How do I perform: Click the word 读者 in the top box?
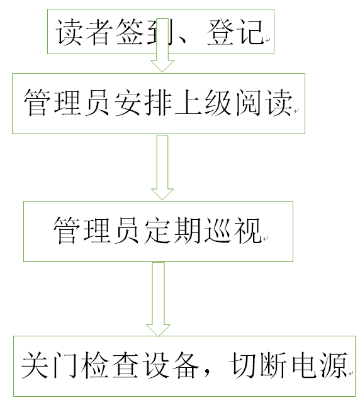tap(84, 32)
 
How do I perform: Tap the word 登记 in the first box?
tap(235, 32)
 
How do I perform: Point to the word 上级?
tap(203, 103)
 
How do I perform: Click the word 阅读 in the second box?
tap(264, 103)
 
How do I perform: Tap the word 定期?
tap(172, 230)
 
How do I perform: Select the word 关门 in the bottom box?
tap(50, 365)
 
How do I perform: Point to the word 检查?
tap(110, 365)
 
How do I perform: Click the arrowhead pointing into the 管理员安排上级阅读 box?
tap(162, 66)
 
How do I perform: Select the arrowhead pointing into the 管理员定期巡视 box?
tap(162, 194)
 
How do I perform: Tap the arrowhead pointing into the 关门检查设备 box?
tap(158, 330)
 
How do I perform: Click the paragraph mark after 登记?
tap(268, 40)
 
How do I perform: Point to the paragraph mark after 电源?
tap(351, 374)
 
